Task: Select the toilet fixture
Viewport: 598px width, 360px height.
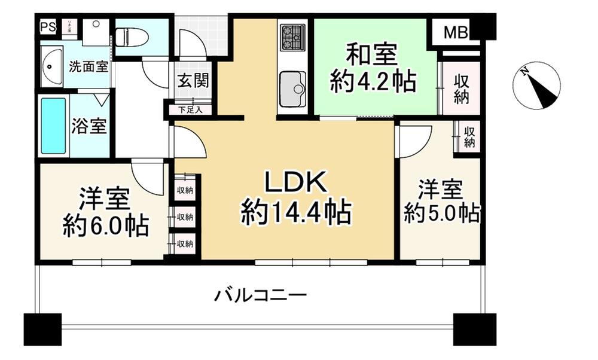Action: pos(132,38)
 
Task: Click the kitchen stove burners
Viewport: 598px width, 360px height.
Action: pos(292,36)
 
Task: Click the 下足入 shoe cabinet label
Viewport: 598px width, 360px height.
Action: pos(191,109)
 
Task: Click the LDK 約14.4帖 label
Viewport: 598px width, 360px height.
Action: pos(296,197)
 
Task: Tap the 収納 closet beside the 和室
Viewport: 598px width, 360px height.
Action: pos(461,89)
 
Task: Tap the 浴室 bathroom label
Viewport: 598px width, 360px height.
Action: pos(89,127)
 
